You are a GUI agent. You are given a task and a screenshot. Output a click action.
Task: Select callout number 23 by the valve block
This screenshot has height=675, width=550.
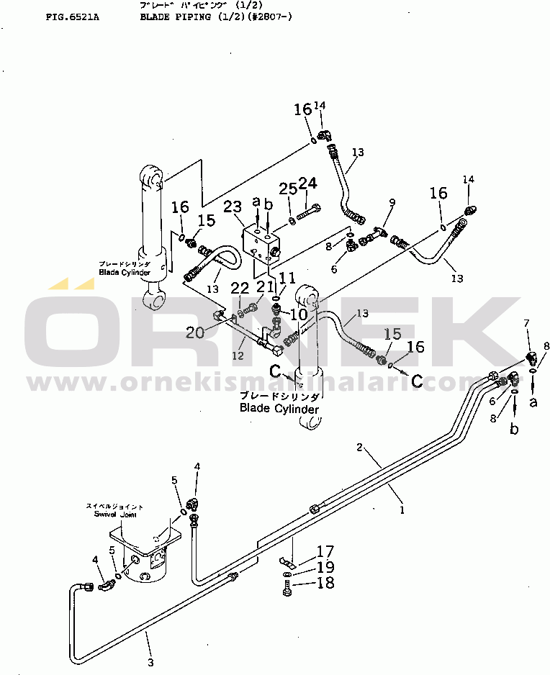pos(233,208)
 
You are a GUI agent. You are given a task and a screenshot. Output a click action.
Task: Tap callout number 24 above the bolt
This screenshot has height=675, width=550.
pos(308,184)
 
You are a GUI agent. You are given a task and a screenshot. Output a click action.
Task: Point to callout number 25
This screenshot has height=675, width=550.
pos(288,189)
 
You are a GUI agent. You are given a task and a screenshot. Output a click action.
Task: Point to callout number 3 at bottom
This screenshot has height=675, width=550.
pos(150,662)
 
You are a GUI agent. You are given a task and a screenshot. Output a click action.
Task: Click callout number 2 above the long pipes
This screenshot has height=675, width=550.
pos(359,448)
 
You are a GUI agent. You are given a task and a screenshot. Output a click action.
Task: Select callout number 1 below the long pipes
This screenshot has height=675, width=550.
pos(402,510)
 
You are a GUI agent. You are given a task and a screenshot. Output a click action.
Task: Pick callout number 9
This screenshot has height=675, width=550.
pos(392,203)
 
